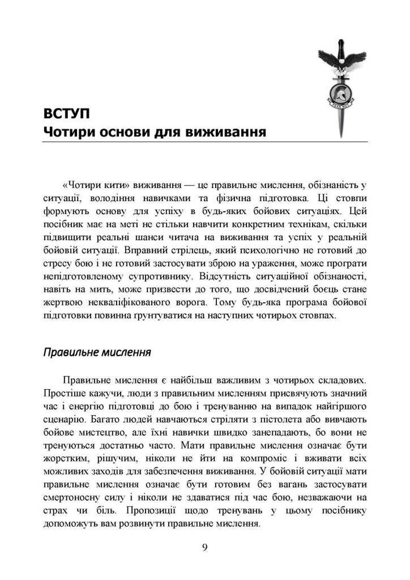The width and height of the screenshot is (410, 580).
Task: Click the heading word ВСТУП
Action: [67, 111]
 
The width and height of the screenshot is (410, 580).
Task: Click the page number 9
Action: [205, 547]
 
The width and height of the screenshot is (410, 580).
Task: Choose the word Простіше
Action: [66, 393]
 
